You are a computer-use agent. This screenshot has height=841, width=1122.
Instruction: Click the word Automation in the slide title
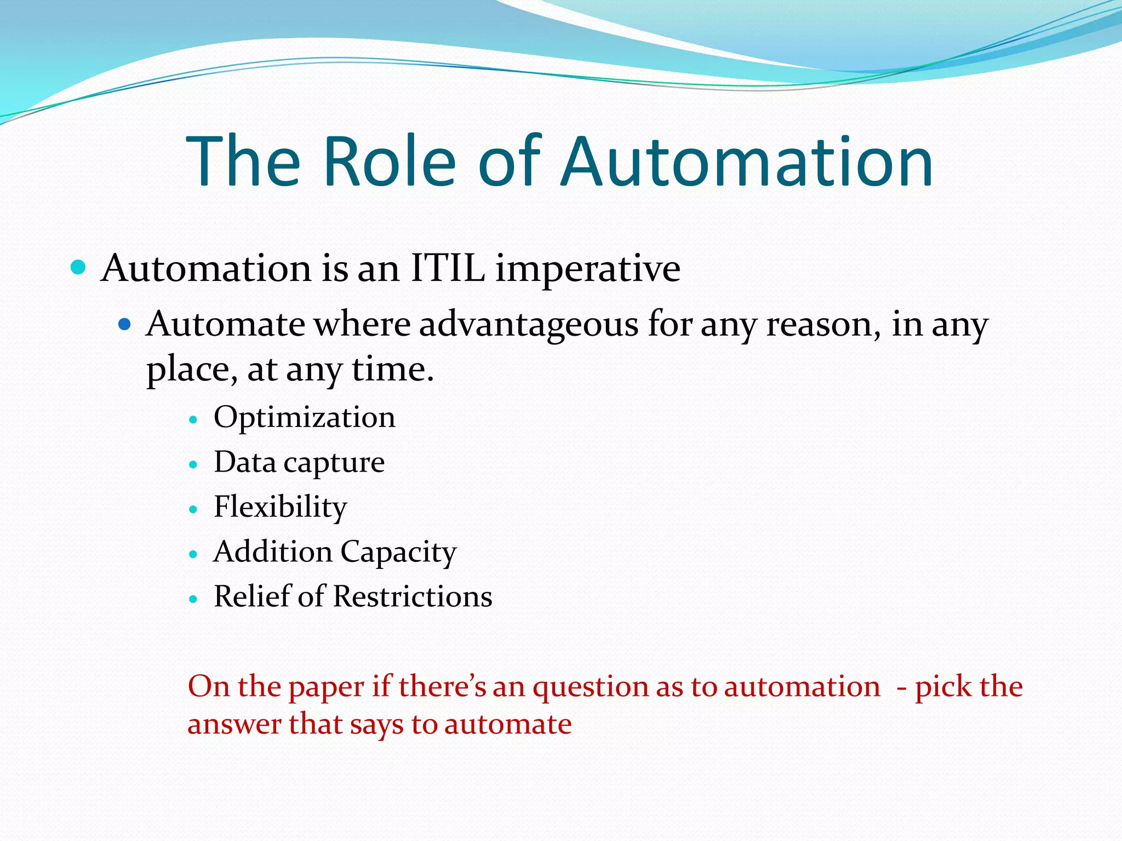[x=748, y=162]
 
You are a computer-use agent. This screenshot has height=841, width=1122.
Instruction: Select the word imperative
[x=587, y=269]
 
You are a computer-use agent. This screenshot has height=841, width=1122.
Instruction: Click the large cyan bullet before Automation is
[x=79, y=268]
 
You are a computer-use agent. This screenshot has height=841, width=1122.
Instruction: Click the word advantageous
[x=528, y=325]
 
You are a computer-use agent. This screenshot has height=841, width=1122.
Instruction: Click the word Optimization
[x=304, y=418]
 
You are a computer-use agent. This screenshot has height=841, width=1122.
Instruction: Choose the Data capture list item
[x=299, y=463]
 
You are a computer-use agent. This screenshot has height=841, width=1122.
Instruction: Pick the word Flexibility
[x=280, y=507]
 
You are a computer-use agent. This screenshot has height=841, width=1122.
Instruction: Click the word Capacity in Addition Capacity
[x=398, y=552]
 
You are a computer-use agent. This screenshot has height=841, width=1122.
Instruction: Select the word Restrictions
[x=413, y=596]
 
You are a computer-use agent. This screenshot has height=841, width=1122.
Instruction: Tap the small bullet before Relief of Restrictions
[x=193, y=599]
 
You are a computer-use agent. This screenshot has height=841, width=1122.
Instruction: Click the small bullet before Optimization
[x=193, y=420]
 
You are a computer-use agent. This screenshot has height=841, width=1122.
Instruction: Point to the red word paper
[x=325, y=687]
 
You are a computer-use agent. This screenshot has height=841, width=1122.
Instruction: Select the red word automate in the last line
[x=508, y=724]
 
